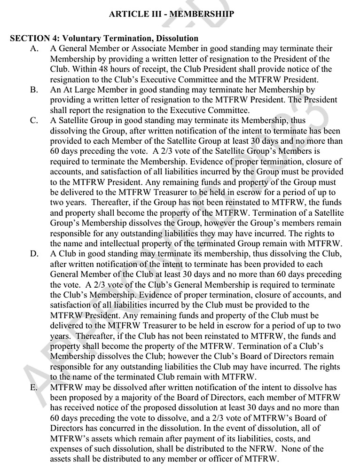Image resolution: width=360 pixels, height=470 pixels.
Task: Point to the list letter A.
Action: pos(33,48)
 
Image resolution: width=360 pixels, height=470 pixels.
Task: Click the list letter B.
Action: pos(33,89)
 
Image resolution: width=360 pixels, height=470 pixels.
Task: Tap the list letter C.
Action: pos(33,120)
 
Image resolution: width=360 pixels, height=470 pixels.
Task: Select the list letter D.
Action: pos(33,254)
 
